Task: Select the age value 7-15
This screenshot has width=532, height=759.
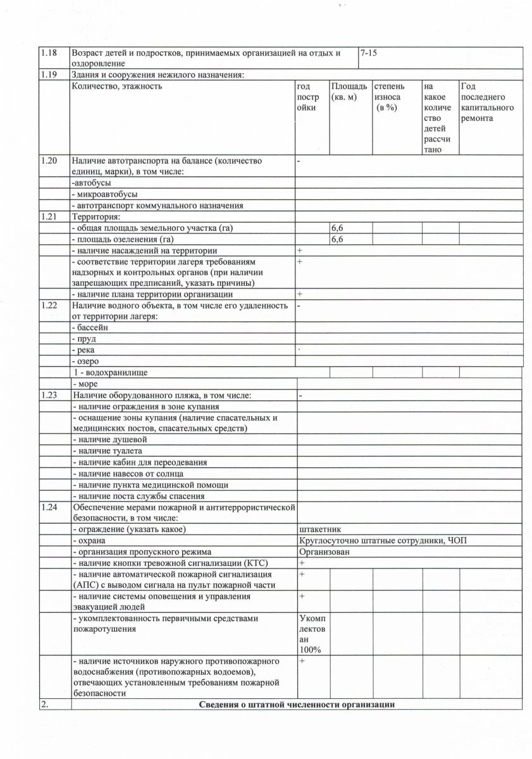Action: (x=368, y=53)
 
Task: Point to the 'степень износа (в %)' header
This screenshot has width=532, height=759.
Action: (x=389, y=97)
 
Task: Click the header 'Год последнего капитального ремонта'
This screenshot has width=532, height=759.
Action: (x=487, y=102)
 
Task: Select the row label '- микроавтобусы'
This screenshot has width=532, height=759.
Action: (x=104, y=194)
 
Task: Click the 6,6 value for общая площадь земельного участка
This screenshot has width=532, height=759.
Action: (x=337, y=228)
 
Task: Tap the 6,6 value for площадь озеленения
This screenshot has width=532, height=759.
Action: (x=337, y=239)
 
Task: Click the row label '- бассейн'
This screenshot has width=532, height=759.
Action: (x=90, y=328)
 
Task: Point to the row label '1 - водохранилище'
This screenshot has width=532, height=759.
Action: (x=109, y=373)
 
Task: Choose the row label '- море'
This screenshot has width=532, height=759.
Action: (x=87, y=384)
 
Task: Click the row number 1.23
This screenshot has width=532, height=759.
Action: (x=49, y=395)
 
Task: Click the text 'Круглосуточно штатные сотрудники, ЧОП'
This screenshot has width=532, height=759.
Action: (x=383, y=540)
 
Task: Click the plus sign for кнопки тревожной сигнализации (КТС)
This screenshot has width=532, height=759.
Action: (x=302, y=563)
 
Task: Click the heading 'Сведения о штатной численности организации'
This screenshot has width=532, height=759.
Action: (x=297, y=705)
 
